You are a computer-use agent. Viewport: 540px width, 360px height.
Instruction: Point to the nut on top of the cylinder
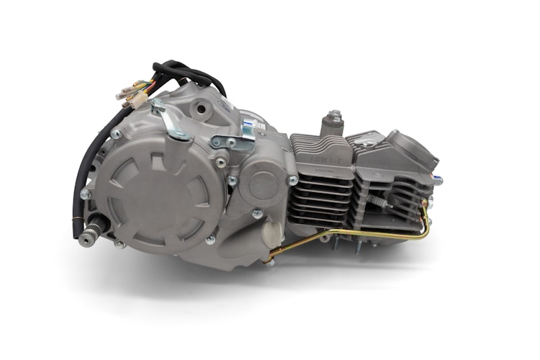333,117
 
